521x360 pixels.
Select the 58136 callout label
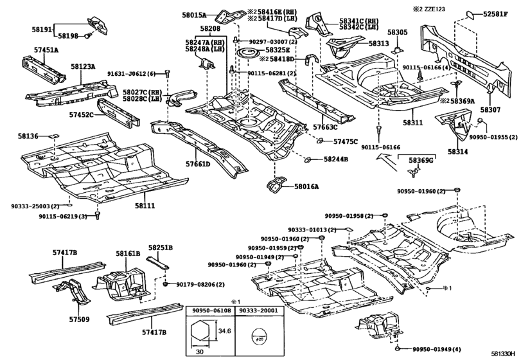tap(28, 136)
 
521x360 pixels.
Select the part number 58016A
tap(306, 186)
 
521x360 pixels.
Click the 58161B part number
tap(128, 254)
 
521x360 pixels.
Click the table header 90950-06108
tap(210, 310)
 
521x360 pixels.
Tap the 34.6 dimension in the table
tap(224, 330)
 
